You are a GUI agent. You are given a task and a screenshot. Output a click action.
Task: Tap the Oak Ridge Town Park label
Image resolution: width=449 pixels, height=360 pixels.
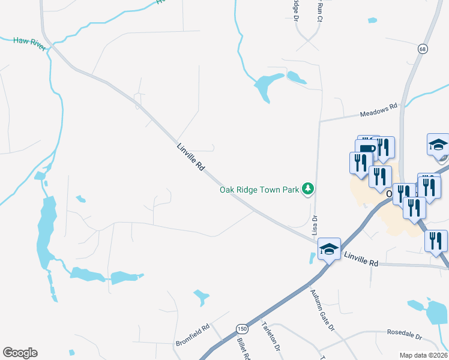pos(259,190)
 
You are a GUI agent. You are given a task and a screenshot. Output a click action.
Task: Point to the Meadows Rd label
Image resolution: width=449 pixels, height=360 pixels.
pos(379,110)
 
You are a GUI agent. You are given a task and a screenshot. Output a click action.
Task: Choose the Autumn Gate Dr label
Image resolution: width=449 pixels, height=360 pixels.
pos(322,310)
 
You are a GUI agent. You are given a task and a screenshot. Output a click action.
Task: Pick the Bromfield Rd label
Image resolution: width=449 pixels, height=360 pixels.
pos(192,336)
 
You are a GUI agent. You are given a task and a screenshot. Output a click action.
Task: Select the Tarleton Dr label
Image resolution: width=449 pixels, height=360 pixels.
pos(271,338)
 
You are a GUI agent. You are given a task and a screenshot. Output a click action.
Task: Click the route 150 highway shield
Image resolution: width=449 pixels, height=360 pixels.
pos(242,329)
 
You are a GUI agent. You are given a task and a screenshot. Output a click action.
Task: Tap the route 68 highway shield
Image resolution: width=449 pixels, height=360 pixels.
pos(423,49)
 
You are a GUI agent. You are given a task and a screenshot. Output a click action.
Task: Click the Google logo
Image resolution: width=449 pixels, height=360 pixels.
pos(20,352)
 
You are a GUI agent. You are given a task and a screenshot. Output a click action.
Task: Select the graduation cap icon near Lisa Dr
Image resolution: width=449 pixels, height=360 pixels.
pos(329,248)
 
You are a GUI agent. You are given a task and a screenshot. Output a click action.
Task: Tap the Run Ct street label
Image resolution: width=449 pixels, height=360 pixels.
pos(319,11)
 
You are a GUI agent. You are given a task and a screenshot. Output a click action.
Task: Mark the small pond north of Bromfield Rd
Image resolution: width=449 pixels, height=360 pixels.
pos(201,296)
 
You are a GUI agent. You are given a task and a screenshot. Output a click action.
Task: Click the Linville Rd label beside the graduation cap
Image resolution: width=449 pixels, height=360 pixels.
pos(361,259)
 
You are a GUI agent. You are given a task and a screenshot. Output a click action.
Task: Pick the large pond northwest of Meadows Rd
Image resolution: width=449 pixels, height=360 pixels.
pos(265,88)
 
